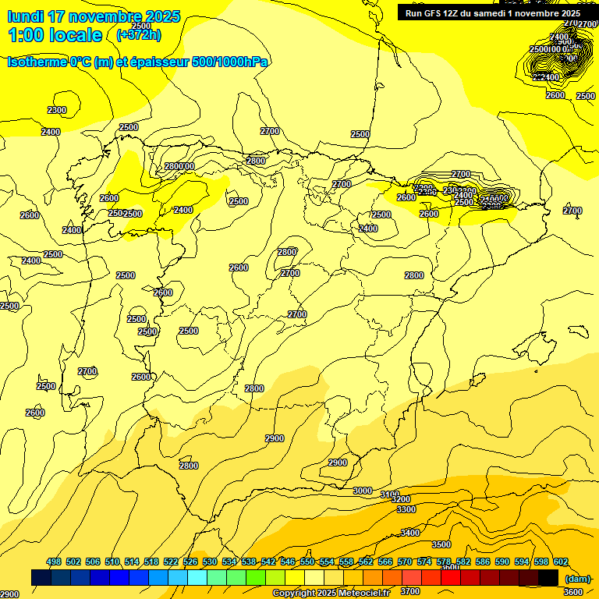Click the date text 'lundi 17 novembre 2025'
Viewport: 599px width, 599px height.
pyautogui.click(x=94, y=16)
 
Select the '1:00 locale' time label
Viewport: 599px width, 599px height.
pyautogui.click(x=55, y=35)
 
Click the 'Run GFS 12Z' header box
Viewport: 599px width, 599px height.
pyautogui.click(x=493, y=12)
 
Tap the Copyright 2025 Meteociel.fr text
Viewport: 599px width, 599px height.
pyautogui.click(x=331, y=594)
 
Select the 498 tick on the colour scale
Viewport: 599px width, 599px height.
pyautogui.click(x=54, y=562)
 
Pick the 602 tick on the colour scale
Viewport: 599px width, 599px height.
pyautogui.click(x=561, y=562)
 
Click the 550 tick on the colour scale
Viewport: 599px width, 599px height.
pyautogui.click(x=307, y=562)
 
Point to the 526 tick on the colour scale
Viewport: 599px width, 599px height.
pyautogui.click(x=190, y=562)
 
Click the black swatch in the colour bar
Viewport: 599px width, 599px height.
pyautogui.click(x=548, y=577)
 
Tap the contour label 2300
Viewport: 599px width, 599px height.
pyautogui.click(x=57, y=110)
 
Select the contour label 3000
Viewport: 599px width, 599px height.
pyautogui.click(x=363, y=491)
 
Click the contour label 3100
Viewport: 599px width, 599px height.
pyautogui.click(x=390, y=494)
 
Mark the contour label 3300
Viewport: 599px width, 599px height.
pyautogui.click(x=406, y=509)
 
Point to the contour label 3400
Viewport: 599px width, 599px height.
pyautogui.click(x=410, y=533)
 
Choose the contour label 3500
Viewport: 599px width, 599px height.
pyautogui.click(x=441, y=544)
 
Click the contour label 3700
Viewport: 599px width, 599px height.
pyautogui.click(x=410, y=591)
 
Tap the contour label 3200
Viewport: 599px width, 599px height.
pyautogui.click(x=401, y=500)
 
